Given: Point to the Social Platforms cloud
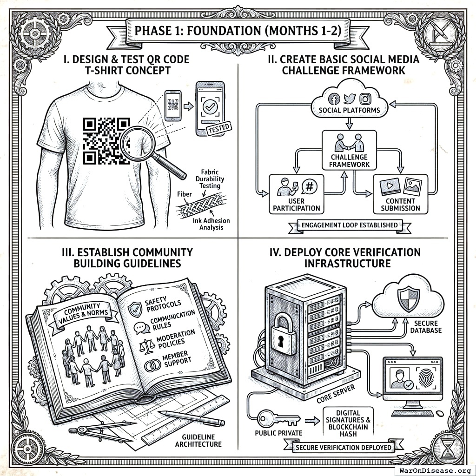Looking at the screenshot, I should (349, 103).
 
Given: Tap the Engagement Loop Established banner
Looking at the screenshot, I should (350, 225).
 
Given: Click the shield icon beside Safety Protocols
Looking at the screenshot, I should (135, 307).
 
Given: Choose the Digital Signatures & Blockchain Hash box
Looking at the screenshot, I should (348, 424).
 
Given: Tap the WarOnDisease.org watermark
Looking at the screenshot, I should (431, 470).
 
